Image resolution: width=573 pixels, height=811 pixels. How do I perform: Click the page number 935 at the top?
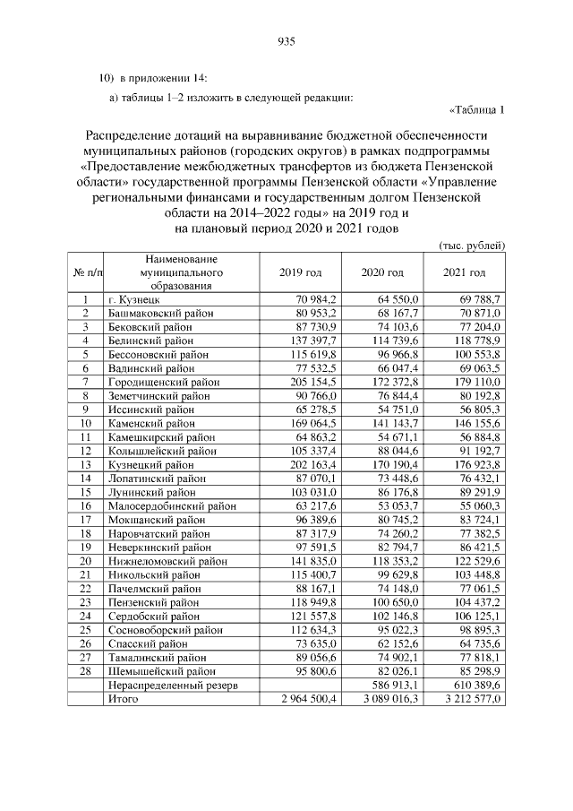click(286, 41)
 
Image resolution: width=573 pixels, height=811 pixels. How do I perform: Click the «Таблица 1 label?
click(476, 111)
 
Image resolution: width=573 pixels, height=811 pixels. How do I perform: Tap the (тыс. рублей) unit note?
click(473, 245)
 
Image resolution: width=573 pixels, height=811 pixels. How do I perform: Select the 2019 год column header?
click(300, 272)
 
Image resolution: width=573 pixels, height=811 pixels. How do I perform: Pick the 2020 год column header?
click(382, 272)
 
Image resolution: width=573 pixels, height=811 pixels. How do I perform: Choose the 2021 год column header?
click(465, 272)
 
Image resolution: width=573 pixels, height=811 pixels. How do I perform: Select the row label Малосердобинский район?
click(167, 505)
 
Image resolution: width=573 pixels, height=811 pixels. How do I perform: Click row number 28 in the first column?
click(85, 670)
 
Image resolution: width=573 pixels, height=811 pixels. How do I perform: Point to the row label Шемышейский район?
click(161, 670)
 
